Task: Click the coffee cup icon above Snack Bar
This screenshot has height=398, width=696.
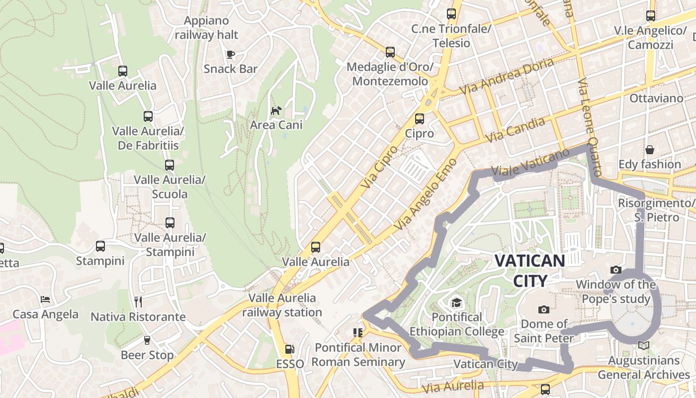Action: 230,54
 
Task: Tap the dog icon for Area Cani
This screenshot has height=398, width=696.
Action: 275,110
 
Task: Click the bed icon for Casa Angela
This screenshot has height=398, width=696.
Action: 45,299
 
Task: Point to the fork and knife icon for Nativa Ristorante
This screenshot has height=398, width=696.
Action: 138,301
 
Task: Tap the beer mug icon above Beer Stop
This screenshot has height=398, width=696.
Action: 147,340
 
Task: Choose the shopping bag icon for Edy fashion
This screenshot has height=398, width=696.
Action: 649,150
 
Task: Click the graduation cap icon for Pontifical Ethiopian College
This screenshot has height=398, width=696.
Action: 456,302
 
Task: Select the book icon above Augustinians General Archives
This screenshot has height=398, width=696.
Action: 643,345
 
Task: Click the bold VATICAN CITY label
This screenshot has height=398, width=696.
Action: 530,270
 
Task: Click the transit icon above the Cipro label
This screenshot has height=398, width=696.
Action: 419,118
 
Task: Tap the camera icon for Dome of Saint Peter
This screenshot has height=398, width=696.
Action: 544,309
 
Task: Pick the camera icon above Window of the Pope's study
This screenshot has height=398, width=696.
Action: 616,270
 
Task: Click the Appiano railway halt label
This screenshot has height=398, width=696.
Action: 206,28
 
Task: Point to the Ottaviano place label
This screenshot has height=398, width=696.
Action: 656,98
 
